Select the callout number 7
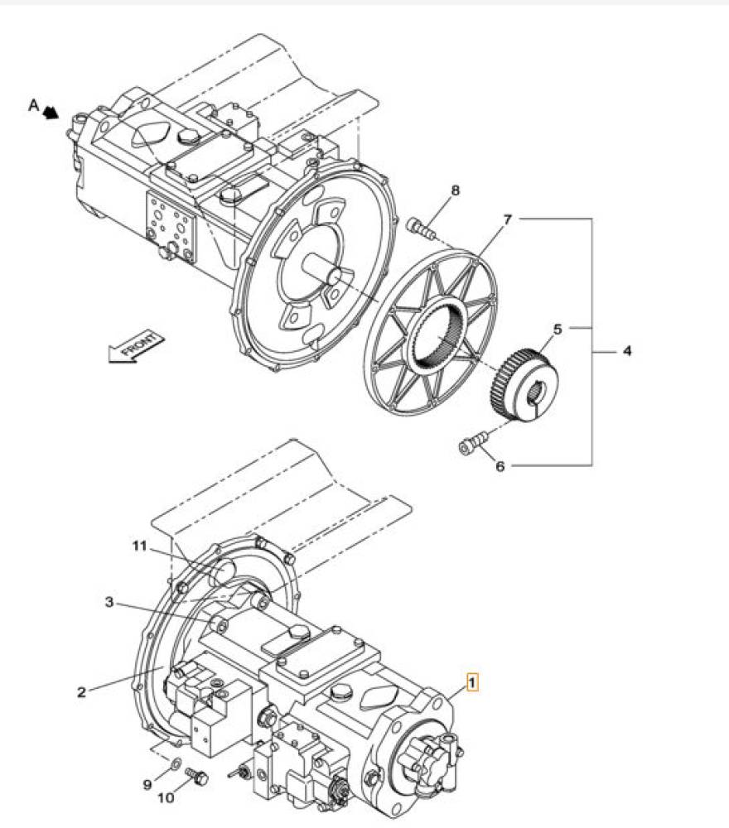coord(507,219)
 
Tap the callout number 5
coord(558,330)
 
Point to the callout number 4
coord(627,350)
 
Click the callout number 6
coord(500,465)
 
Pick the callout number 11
coord(139,546)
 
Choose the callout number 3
coord(109,602)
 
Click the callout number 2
coord(81,691)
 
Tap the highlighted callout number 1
coord(472,681)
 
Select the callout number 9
coord(148,785)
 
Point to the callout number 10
coord(166,797)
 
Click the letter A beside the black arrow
coord(34,106)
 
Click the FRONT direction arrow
coord(136,348)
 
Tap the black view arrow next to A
coord(51,112)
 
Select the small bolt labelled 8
coord(421,228)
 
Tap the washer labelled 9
coord(176,762)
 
